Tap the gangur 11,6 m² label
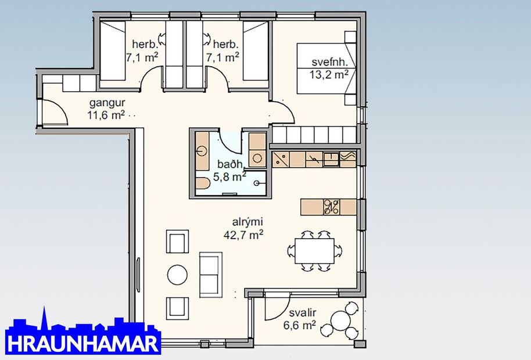(x=106, y=109)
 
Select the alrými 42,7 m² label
(x=243, y=229)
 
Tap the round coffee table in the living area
(x=177, y=274)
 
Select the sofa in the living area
(x=210, y=274)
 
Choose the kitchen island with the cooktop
(x=329, y=206)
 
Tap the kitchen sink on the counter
(x=333, y=158)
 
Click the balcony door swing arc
(x=278, y=308)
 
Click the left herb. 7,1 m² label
(x=143, y=51)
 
